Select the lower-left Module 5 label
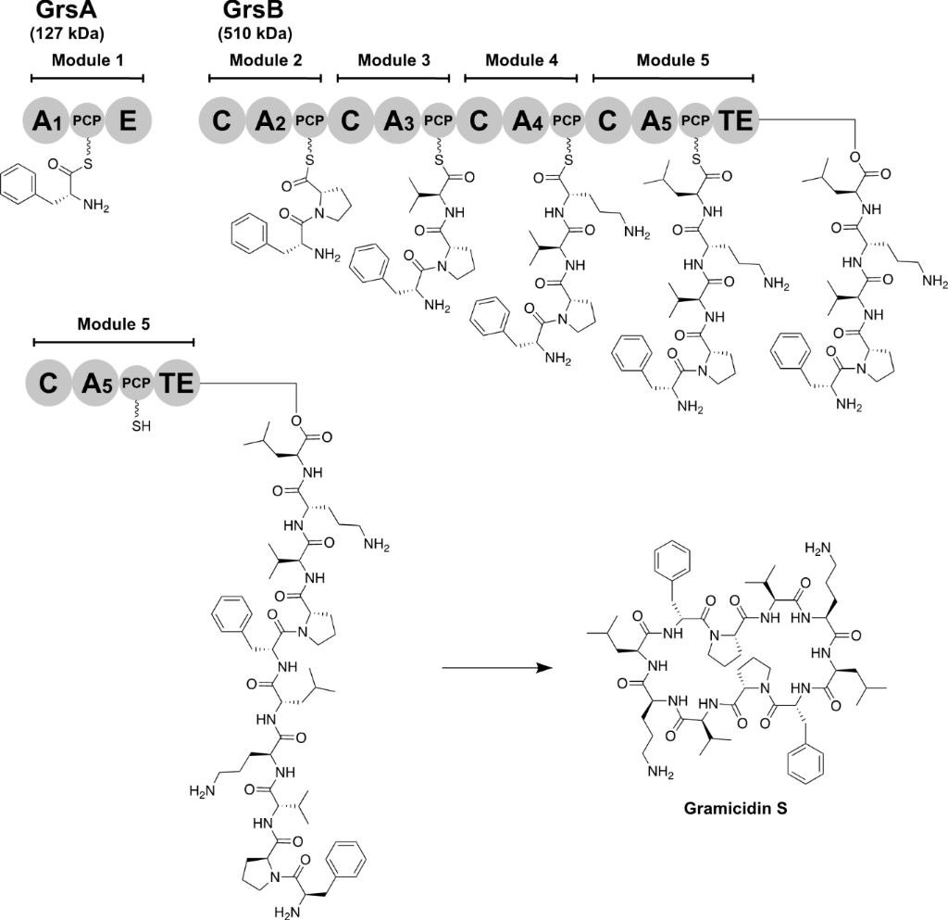(x=113, y=324)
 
